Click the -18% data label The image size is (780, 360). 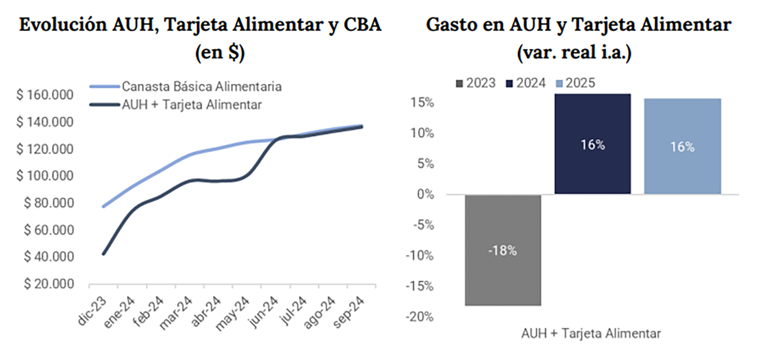click(503, 251)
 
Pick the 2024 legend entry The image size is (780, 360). click(526, 83)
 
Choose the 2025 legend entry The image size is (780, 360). click(576, 83)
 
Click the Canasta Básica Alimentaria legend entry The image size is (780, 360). click(201, 87)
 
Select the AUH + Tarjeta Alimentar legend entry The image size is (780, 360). click(192, 105)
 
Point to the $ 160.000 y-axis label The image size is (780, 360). click(45, 95)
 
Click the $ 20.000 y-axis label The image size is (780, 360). click(49, 284)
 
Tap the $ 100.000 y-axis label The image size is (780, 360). click(45, 176)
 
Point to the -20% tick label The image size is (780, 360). click(420, 317)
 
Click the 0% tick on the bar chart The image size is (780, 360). click(425, 194)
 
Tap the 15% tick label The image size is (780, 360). click(422, 102)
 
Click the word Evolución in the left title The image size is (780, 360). click(63, 25)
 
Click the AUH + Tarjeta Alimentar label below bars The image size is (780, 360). click(591, 334)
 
